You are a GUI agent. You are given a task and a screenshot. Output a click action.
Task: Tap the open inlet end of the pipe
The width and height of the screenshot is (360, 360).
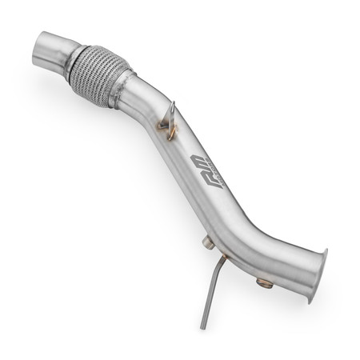click(x=42, y=50)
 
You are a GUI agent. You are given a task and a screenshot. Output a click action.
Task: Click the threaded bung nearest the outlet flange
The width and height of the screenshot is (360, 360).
click(x=263, y=282)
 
